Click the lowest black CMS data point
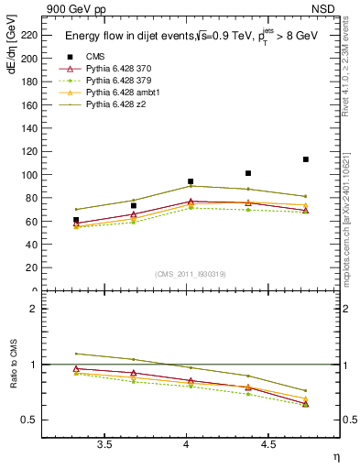coord(76,220)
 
